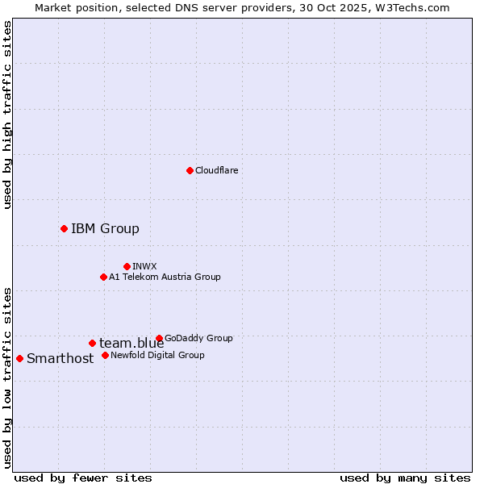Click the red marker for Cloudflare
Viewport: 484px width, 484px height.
pos(190,170)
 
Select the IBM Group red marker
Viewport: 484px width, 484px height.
pos(64,228)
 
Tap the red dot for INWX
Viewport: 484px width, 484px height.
pos(127,266)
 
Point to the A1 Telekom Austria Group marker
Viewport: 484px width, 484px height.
pos(103,277)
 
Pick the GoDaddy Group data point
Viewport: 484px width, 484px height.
pos(159,338)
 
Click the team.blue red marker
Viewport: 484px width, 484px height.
pos(92,343)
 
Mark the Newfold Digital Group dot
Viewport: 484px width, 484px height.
pos(105,355)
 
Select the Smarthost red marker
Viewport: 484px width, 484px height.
pos(19,358)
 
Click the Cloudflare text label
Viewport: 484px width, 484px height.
pos(217,170)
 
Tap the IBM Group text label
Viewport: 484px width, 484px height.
pos(105,228)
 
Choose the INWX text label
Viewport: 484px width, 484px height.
pos(145,266)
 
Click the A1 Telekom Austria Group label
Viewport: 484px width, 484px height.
pos(165,277)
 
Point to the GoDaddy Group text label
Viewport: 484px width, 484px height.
pos(198,338)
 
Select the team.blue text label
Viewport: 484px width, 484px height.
pos(131,343)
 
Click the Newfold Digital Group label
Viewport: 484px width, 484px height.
pos(157,355)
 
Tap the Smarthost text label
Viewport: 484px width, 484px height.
pos(60,358)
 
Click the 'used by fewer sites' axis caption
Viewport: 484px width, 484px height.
pos(83,478)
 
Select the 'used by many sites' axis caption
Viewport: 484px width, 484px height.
pos(405,478)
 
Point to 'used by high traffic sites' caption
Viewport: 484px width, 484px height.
pos(8,115)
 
